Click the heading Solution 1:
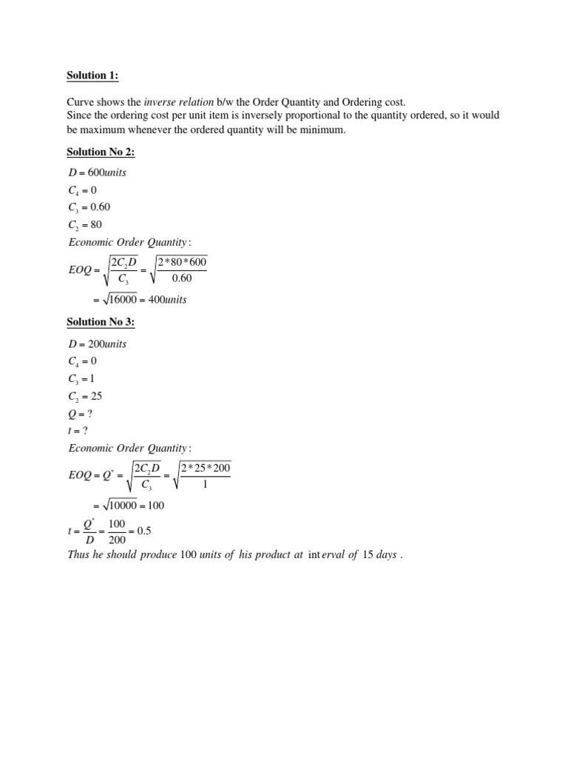click(x=92, y=76)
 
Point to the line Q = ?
click(x=80, y=413)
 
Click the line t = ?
click(x=78, y=430)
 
